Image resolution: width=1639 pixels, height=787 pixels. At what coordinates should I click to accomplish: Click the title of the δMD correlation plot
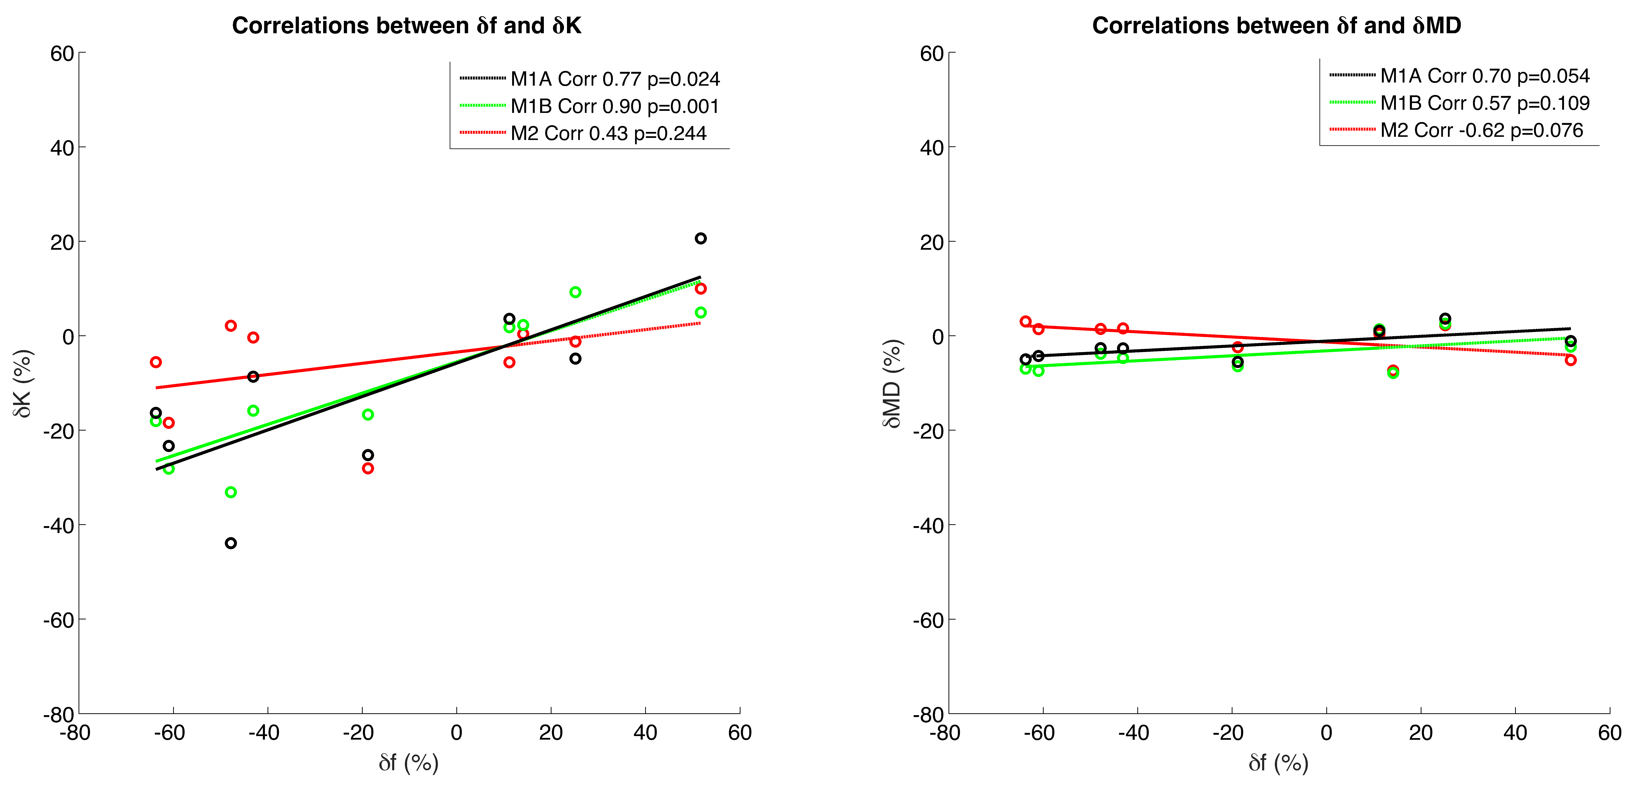1276,25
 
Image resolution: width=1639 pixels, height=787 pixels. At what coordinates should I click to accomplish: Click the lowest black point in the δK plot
231,543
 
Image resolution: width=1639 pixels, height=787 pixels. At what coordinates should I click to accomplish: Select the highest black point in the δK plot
701,239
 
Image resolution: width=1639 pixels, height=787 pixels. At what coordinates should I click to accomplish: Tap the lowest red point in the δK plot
368,468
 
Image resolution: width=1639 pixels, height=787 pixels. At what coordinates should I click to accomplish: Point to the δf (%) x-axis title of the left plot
408,762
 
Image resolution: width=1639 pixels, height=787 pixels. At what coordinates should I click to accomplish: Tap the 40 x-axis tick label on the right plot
1515,733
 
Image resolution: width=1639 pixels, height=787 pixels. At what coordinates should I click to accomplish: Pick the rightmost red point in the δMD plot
1570,360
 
